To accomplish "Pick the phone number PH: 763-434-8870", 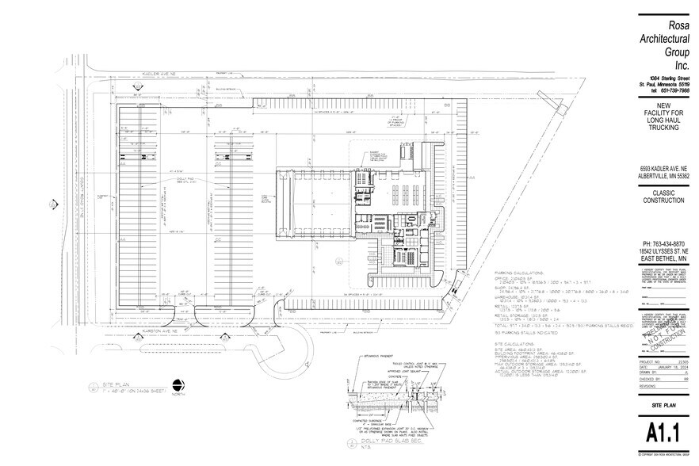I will pyautogui.click(x=663, y=243).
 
